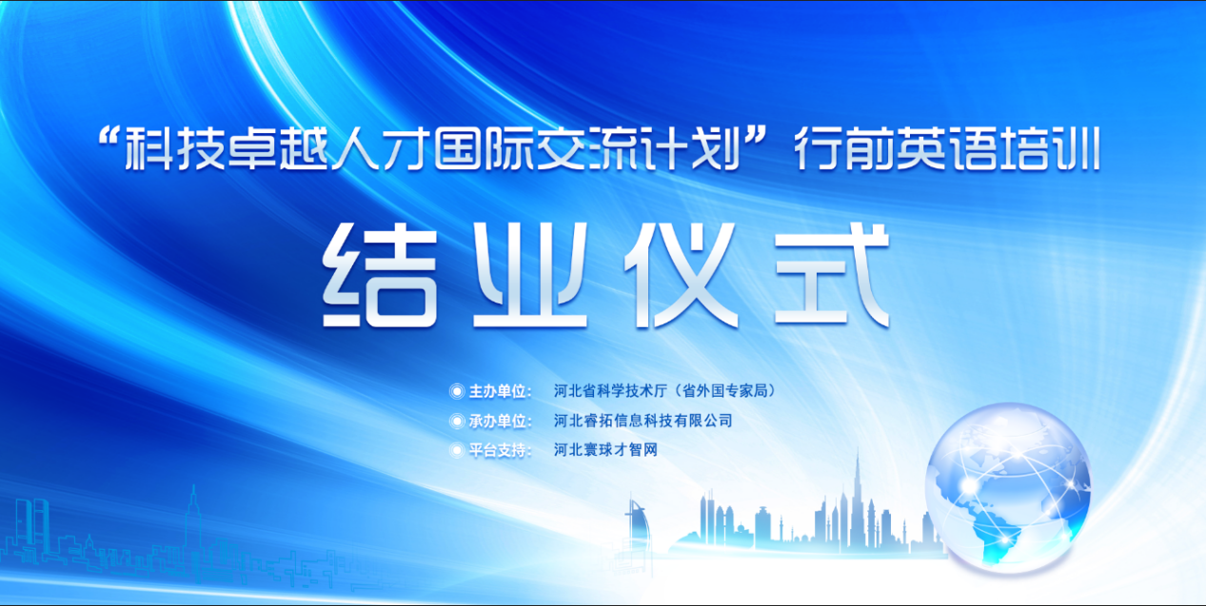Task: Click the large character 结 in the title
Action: pos(380,275)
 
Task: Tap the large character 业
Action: pos(530,275)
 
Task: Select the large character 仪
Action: pos(682,275)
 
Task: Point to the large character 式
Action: pos(832,275)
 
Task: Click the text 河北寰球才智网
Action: pos(605,449)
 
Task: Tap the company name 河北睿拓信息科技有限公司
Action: pos(643,420)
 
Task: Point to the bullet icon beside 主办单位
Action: pos(457,391)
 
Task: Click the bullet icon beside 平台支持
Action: pos(457,450)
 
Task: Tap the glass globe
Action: pos(1008,488)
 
